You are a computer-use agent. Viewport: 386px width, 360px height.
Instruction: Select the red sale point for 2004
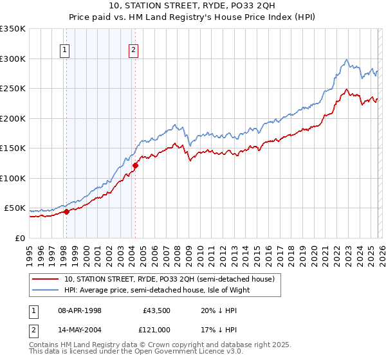point(136,166)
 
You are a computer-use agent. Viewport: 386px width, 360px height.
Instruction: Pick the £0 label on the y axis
point(19,238)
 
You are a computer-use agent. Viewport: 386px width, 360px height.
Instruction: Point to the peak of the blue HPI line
point(347,60)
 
